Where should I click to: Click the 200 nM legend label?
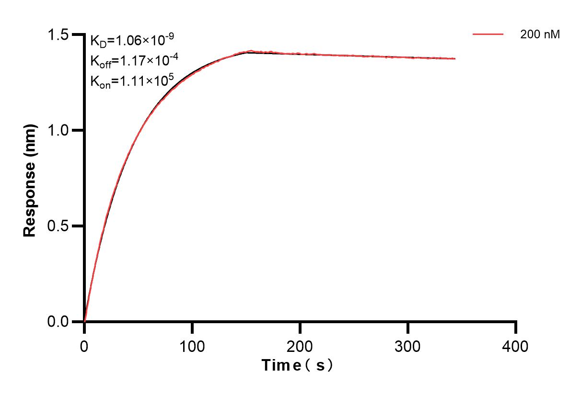click(540, 34)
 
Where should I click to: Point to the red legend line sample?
click(488, 34)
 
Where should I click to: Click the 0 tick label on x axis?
click(84, 346)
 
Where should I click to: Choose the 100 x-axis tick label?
click(192, 346)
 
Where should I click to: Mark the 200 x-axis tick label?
click(300, 346)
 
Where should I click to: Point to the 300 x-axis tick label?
click(407, 346)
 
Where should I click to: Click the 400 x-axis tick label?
click(515, 346)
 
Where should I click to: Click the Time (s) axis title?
click(297, 365)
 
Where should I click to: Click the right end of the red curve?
click(454, 58)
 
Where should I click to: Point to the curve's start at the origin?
click(85, 321)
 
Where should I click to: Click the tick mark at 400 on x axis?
click(515, 327)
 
